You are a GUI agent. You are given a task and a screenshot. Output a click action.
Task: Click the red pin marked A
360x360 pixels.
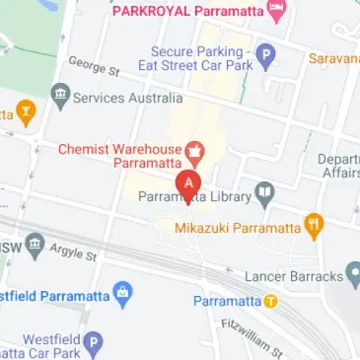188,184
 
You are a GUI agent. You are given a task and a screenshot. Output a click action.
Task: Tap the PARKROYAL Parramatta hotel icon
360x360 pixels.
279,12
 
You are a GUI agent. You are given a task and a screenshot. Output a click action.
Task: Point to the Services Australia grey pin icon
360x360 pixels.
61,97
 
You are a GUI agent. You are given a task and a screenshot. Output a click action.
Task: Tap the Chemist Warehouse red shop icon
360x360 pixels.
195,152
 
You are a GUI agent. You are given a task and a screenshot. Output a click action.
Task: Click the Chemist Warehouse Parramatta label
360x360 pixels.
119,156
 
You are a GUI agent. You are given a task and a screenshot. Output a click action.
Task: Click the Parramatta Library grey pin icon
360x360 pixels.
263,194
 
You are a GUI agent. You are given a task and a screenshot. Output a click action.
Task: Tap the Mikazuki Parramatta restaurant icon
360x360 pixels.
314,226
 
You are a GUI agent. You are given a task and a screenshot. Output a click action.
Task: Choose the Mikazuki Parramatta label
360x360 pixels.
237,228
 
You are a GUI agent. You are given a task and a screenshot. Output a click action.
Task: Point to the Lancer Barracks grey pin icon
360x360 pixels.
354,275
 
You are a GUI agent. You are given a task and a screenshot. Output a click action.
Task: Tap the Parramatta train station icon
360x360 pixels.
270,301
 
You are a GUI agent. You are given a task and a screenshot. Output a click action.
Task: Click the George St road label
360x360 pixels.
94,66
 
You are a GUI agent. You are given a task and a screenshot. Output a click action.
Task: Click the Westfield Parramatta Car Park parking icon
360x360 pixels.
93,343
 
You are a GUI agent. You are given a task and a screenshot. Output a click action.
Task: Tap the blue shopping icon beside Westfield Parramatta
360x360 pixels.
122,293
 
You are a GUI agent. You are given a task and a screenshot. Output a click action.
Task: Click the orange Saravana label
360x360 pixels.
335,59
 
